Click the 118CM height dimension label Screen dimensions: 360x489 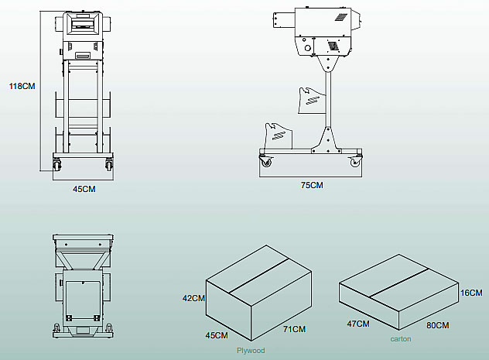[x=22, y=86]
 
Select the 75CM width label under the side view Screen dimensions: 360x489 [x=312, y=186]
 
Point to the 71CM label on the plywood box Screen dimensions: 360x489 [x=294, y=329]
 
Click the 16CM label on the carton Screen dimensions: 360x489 [x=470, y=293]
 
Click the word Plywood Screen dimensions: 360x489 [x=250, y=351]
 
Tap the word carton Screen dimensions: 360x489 [x=401, y=339]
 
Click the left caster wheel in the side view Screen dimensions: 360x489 [x=268, y=162]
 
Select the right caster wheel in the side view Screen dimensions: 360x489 [x=356, y=161]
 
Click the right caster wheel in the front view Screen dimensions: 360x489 [x=109, y=165]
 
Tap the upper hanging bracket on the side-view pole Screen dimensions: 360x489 [x=311, y=97]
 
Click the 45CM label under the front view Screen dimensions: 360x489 [x=84, y=188]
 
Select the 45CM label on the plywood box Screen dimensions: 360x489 [x=216, y=335]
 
